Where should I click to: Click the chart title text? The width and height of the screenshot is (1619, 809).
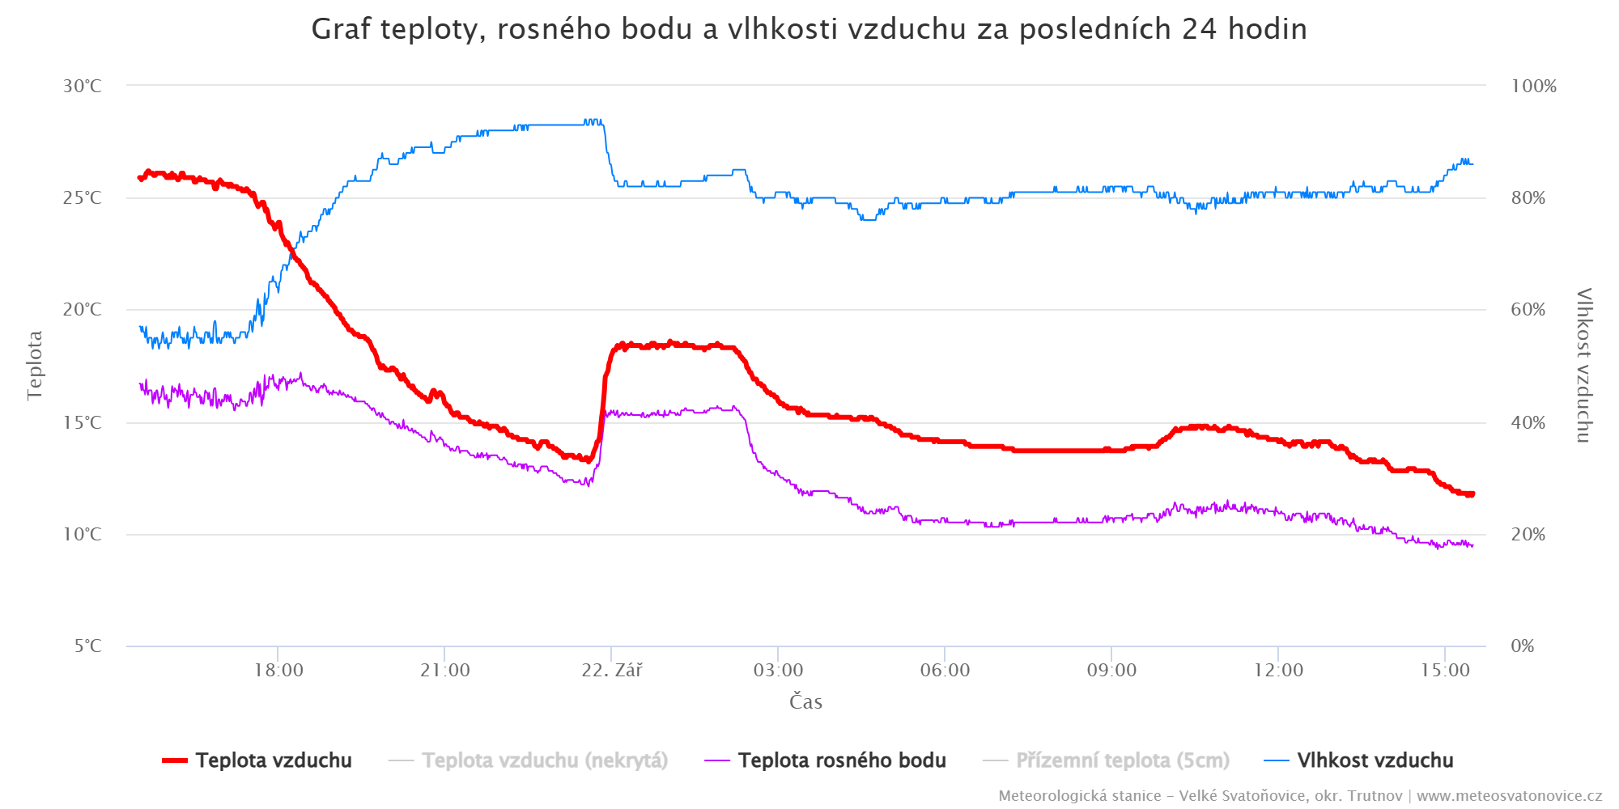(x=809, y=29)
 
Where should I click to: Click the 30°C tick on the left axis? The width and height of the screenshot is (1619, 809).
(x=83, y=86)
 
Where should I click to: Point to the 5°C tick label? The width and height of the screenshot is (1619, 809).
(x=87, y=646)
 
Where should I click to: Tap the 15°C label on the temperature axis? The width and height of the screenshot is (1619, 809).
(x=83, y=422)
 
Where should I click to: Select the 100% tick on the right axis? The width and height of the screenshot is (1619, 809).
(x=1533, y=86)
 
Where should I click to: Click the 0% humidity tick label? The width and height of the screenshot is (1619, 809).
(x=1522, y=646)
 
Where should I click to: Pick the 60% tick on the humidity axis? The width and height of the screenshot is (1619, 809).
(x=1528, y=310)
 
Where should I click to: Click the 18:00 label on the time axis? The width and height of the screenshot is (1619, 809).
(x=278, y=670)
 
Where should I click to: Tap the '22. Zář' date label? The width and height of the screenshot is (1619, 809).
(x=612, y=670)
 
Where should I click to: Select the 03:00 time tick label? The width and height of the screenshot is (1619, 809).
(x=778, y=670)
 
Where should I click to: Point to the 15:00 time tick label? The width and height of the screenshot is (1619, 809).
(x=1445, y=670)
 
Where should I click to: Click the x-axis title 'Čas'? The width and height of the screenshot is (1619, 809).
(x=805, y=701)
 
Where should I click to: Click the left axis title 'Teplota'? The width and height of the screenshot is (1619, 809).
(x=34, y=365)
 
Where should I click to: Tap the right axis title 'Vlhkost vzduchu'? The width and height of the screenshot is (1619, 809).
(x=1583, y=365)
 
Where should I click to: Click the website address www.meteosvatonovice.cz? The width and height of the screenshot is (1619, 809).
(x=1509, y=796)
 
